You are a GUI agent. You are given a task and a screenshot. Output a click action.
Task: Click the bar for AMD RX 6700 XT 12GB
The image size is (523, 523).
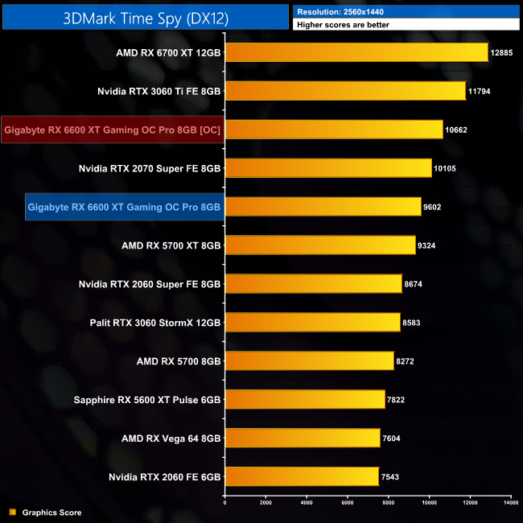point(356,52)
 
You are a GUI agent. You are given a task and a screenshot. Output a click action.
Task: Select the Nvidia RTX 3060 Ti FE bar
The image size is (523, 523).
point(345,91)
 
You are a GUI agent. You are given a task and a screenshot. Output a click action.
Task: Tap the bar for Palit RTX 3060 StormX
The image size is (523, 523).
point(312,323)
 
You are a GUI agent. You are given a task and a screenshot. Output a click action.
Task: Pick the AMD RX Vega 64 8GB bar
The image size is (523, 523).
point(303,438)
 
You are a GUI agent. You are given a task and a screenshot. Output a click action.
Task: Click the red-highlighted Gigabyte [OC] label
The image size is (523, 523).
point(112,130)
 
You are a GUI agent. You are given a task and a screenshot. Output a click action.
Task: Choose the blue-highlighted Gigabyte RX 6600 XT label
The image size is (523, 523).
point(124,207)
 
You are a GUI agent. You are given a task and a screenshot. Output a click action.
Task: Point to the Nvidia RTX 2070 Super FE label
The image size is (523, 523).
point(150,168)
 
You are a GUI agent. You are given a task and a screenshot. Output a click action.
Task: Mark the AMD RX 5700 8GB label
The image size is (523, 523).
point(171,361)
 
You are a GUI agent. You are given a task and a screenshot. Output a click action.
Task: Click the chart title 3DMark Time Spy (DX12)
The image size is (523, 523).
point(145,18)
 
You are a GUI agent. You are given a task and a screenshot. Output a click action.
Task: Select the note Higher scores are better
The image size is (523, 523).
point(344,26)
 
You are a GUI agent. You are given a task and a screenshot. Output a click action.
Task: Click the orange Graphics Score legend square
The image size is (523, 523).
point(11,512)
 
